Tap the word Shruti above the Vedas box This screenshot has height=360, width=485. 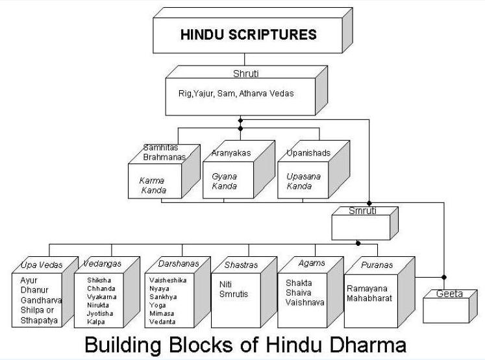[x=245, y=74]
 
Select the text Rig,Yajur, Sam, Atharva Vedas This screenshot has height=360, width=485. [x=236, y=93]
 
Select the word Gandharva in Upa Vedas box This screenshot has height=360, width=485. [x=36, y=300]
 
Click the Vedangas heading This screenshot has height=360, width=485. [x=103, y=263]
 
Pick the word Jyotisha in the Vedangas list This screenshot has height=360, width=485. [x=101, y=313]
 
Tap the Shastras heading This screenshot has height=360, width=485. [x=240, y=265]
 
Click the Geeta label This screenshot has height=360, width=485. [x=449, y=294]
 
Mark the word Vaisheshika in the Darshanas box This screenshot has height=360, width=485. [x=168, y=280]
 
